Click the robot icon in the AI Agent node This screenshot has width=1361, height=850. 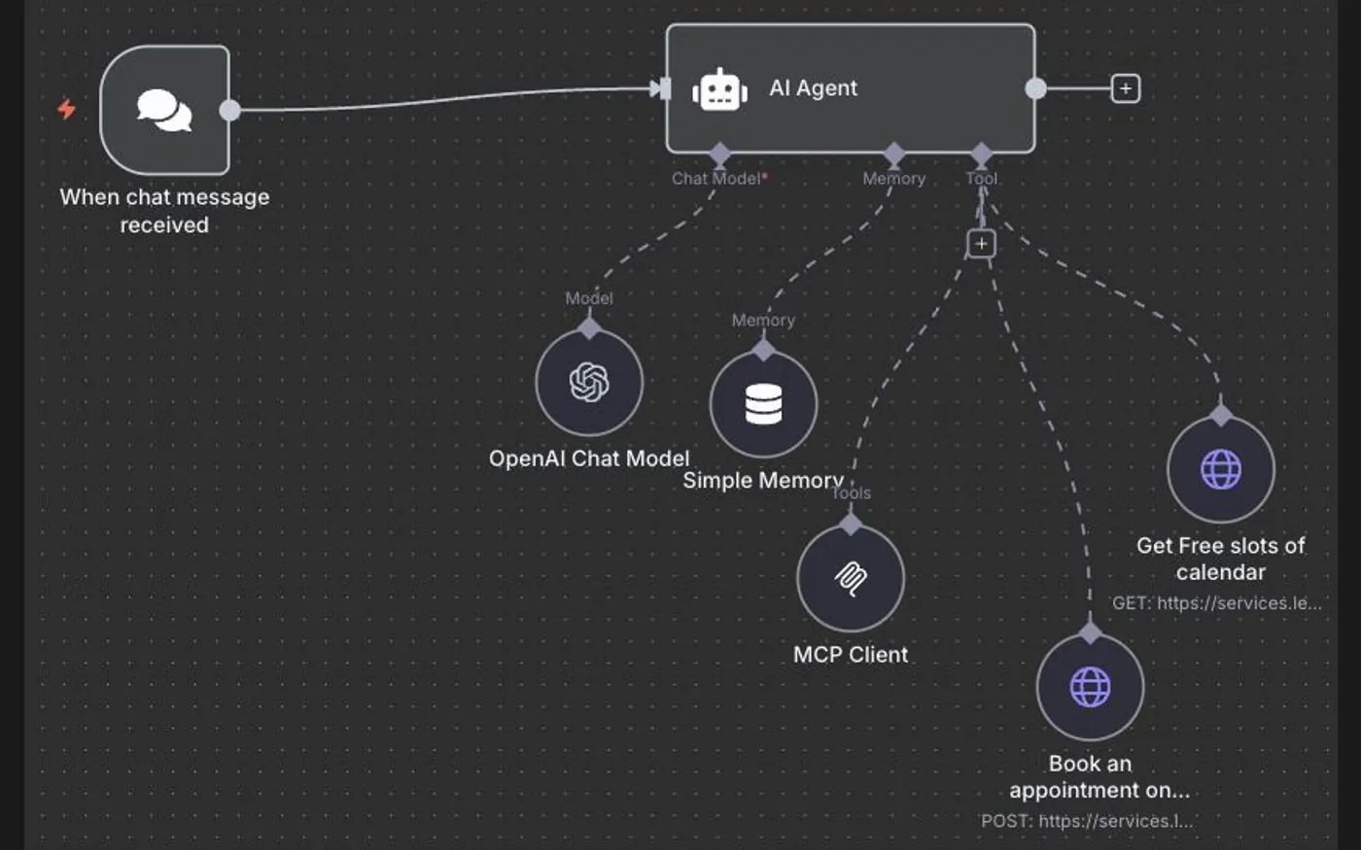720,89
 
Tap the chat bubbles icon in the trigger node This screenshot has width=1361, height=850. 164,111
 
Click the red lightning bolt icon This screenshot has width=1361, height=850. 67,109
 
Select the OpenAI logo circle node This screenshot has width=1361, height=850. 589,383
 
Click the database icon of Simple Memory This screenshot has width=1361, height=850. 764,404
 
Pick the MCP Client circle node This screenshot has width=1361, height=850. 851,578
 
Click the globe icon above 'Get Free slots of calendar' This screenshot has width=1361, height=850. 1221,469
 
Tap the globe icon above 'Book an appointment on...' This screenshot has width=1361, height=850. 1090,688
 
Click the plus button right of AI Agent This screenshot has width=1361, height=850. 1126,88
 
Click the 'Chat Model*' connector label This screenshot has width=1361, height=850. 720,179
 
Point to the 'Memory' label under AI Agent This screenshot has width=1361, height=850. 894,179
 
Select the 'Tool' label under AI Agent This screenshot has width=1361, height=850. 982,179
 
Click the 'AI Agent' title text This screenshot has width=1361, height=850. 814,88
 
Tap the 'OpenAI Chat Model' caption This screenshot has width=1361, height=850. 589,459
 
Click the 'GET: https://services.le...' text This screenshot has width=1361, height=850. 1217,603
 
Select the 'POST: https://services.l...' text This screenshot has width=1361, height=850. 1088,821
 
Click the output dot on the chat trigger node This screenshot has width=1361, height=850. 229,111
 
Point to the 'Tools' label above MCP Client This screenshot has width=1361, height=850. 851,493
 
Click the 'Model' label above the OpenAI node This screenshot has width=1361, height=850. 589,298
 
